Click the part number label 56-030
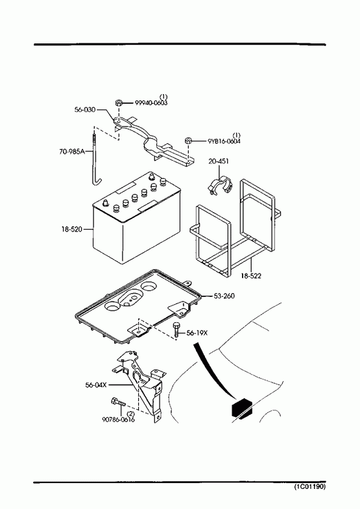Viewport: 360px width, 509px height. [x=85, y=110]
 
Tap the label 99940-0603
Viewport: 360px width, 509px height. [x=151, y=103]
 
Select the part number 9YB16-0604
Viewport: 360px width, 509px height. [x=224, y=141]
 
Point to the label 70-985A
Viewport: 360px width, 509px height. [x=72, y=151]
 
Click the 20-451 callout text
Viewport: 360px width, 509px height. [x=219, y=161]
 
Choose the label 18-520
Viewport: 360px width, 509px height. [x=71, y=229]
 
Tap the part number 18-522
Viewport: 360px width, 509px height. [x=251, y=276]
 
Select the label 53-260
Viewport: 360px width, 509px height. [x=224, y=296]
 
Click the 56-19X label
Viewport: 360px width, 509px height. [x=197, y=333]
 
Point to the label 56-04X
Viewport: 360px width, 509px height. [x=96, y=385]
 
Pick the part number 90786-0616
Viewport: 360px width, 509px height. [x=119, y=420]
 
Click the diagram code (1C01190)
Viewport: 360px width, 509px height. [x=309, y=486]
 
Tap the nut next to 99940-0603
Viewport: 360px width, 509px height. [x=119, y=103]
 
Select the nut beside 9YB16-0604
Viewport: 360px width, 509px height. [x=188, y=141]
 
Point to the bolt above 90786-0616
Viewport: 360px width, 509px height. [x=118, y=402]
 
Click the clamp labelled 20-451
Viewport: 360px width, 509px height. [x=220, y=186]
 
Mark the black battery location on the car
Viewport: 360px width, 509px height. [x=242, y=407]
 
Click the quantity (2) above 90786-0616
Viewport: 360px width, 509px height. [x=130, y=414]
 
